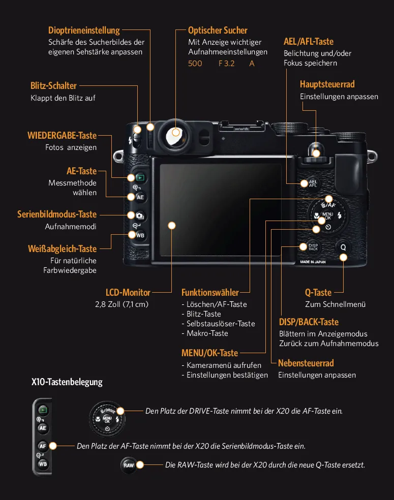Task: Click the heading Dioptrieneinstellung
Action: click(84, 30)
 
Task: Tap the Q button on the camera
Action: click(343, 247)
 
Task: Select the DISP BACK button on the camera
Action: click(313, 247)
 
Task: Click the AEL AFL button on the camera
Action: click(313, 183)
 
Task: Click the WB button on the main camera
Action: click(140, 235)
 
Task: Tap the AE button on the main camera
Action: click(140, 197)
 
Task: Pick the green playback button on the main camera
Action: click(139, 178)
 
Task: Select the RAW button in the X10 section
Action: click(129, 465)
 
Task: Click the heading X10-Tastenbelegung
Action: click(67, 382)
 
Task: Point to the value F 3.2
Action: click(226, 64)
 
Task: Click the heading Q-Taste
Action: click(318, 293)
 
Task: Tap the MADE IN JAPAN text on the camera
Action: click(313, 262)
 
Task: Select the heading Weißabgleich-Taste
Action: click(62, 248)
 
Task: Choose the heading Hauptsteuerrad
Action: click(327, 84)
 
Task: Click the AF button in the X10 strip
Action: click(43, 446)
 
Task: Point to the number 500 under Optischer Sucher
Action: click(195, 64)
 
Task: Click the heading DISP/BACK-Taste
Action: click(309, 322)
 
